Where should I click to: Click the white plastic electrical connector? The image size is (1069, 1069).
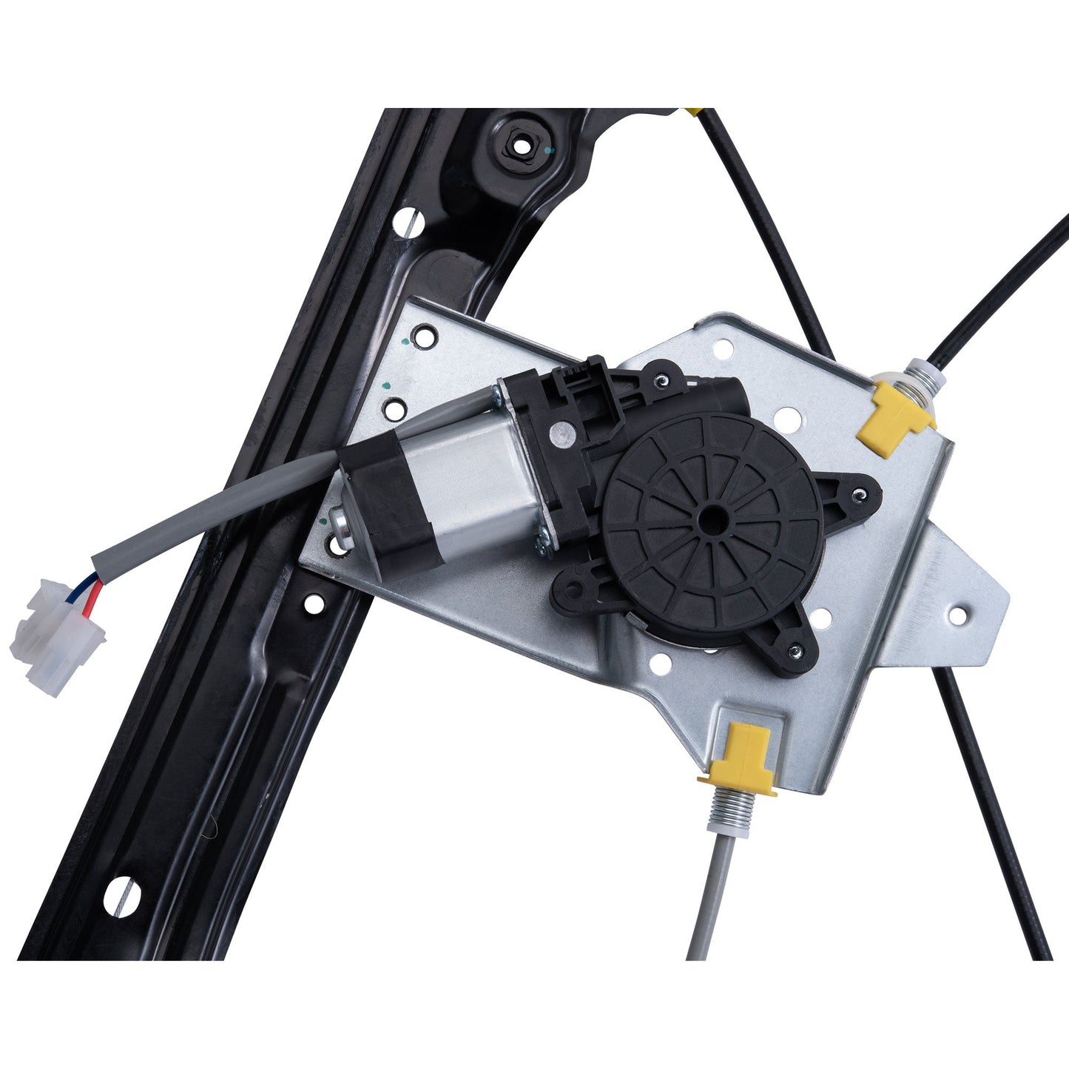pos(55,637)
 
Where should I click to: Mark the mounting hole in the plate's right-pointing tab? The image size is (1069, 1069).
pos(958,613)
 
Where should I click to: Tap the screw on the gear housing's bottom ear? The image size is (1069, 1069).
pos(795,651)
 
